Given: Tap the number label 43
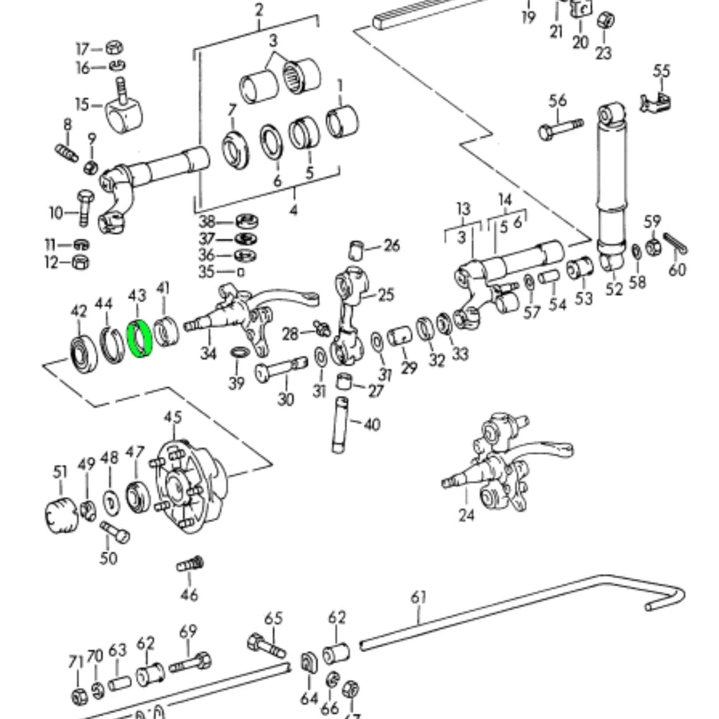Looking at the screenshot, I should (x=137, y=295).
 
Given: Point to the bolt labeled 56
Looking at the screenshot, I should (x=560, y=129).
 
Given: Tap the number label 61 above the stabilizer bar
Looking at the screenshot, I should (x=418, y=597).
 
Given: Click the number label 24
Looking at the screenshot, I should (x=467, y=516).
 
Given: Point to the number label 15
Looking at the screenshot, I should (x=83, y=104).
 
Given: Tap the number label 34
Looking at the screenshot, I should (x=209, y=353).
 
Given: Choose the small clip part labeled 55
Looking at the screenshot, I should (x=654, y=102).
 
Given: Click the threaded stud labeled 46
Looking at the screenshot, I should (x=190, y=565).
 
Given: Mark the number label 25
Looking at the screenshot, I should (x=386, y=294).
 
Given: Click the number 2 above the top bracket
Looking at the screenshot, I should (x=259, y=10).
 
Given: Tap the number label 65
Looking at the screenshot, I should (x=274, y=619).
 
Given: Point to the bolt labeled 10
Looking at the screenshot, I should (x=83, y=207).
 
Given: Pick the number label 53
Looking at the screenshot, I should (x=584, y=298).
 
